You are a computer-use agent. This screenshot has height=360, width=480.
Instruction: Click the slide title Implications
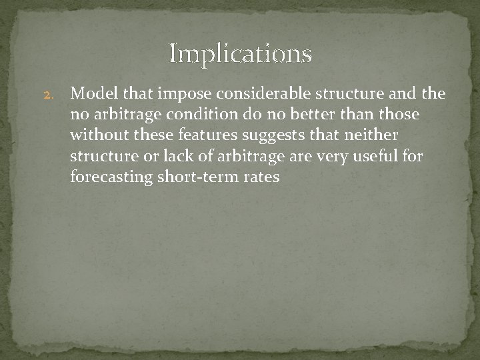pyautogui.click(x=240, y=53)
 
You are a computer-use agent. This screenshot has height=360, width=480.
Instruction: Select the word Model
pyautogui.click(x=91, y=93)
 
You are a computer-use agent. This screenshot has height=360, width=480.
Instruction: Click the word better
pyautogui.click(x=305, y=115)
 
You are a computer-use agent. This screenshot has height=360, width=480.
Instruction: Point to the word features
pyautogui.click(x=199, y=135)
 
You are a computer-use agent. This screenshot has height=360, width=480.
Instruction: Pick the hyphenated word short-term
pyautogui.click(x=197, y=178)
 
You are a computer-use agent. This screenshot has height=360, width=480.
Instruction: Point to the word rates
pyautogui.click(x=261, y=178)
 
